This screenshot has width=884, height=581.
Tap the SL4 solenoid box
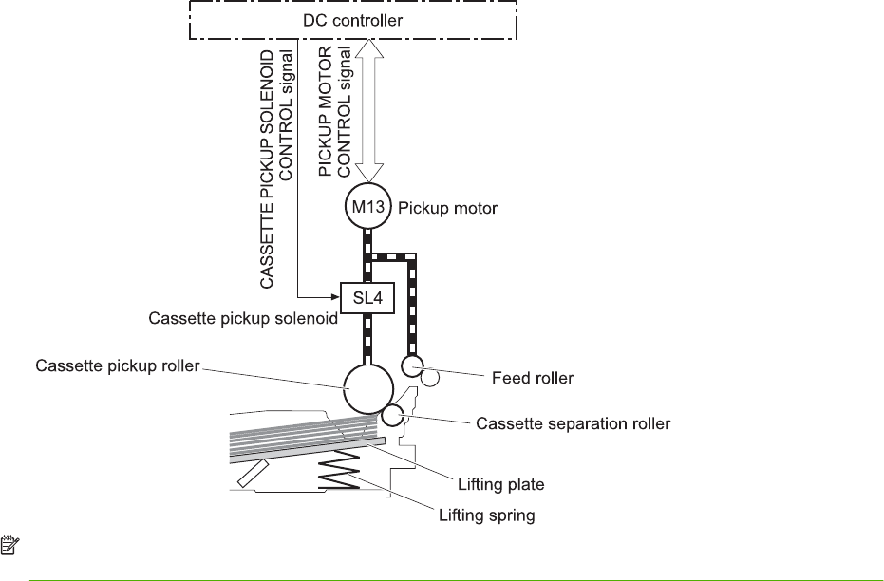pos(367,295)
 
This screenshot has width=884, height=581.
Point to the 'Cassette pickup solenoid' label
pos(243,319)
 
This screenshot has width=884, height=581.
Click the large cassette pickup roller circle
pos(367,388)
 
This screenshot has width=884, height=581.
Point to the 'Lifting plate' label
pos(504,485)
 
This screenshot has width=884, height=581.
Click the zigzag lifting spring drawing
pos(337,469)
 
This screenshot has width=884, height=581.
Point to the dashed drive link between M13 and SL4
pos(367,253)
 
